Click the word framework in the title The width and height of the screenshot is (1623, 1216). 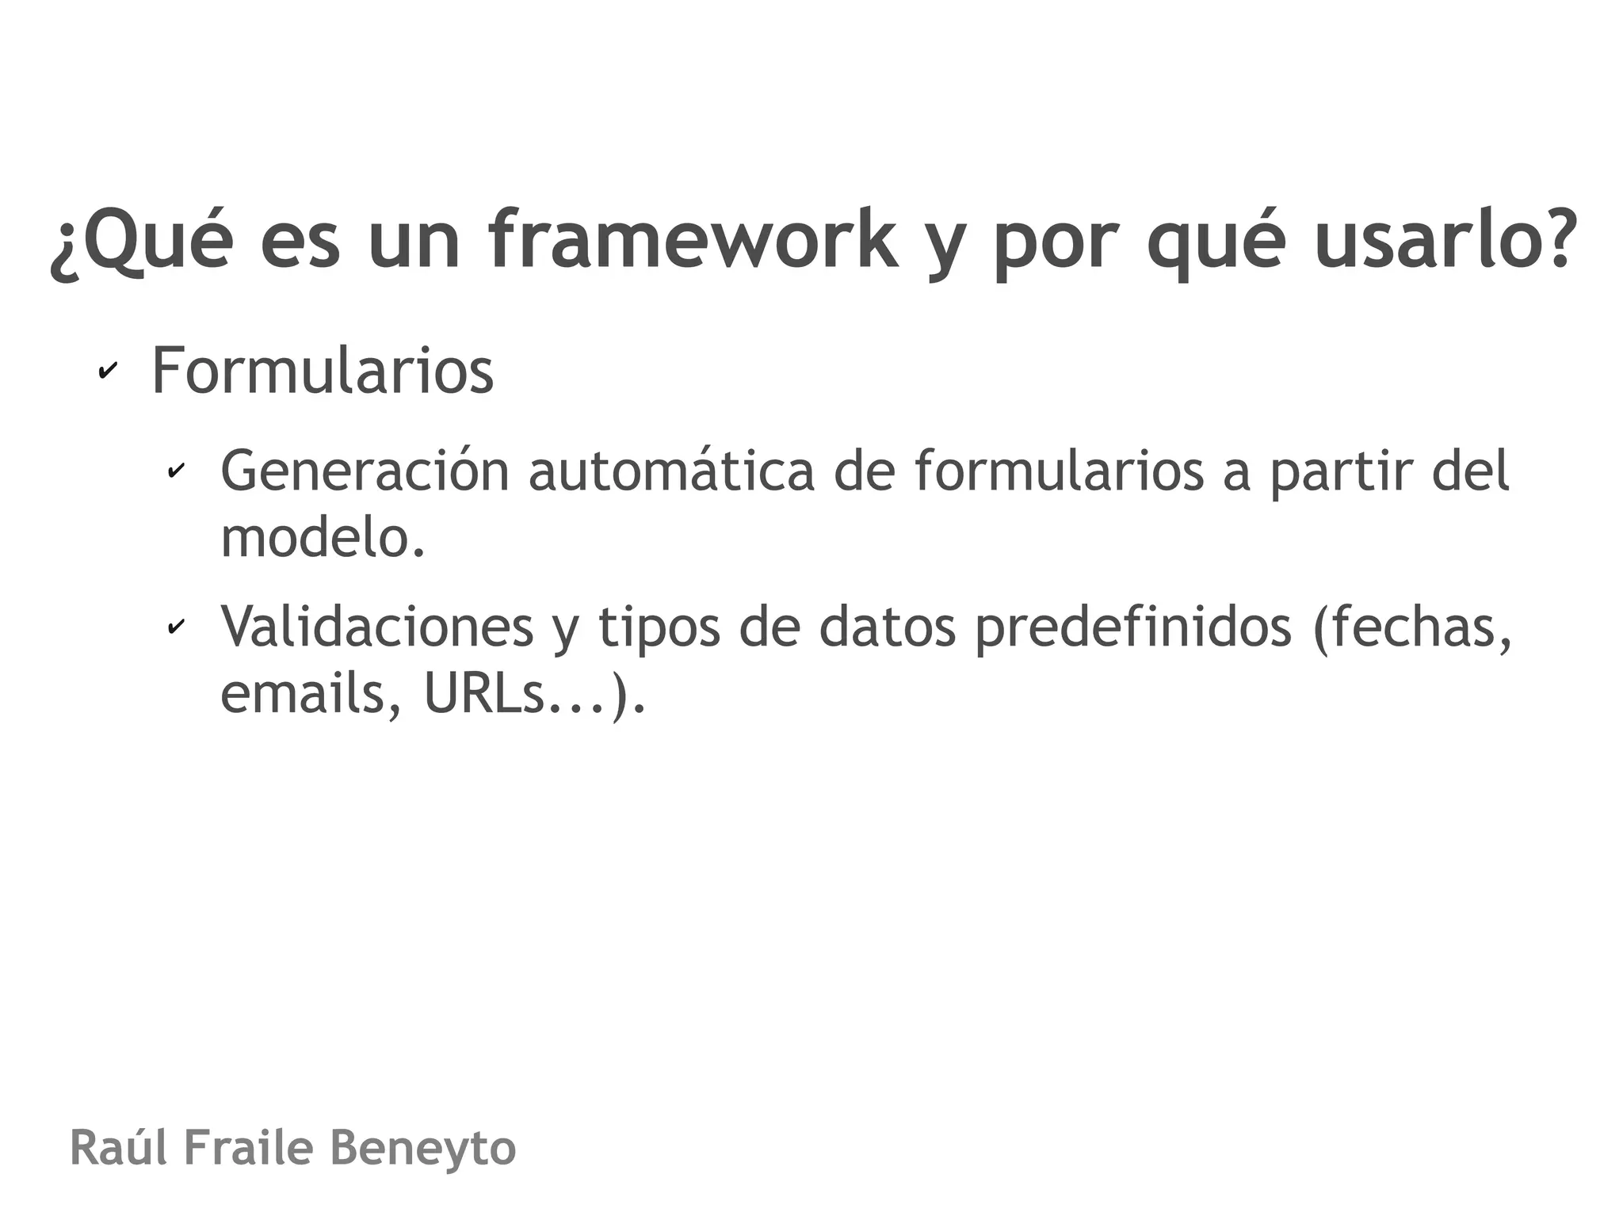click(x=693, y=238)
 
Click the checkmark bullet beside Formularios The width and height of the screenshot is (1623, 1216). click(x=107, y=371)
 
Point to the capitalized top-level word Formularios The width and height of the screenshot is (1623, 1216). click(x=323, y=370)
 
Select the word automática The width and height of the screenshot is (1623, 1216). click(x=671, y=471)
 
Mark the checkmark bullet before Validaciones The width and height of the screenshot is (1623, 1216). click(x=175, y=627)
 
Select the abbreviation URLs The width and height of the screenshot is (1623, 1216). click(x=484, y=693)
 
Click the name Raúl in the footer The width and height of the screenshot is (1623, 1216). click(x=118, y=1148)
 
